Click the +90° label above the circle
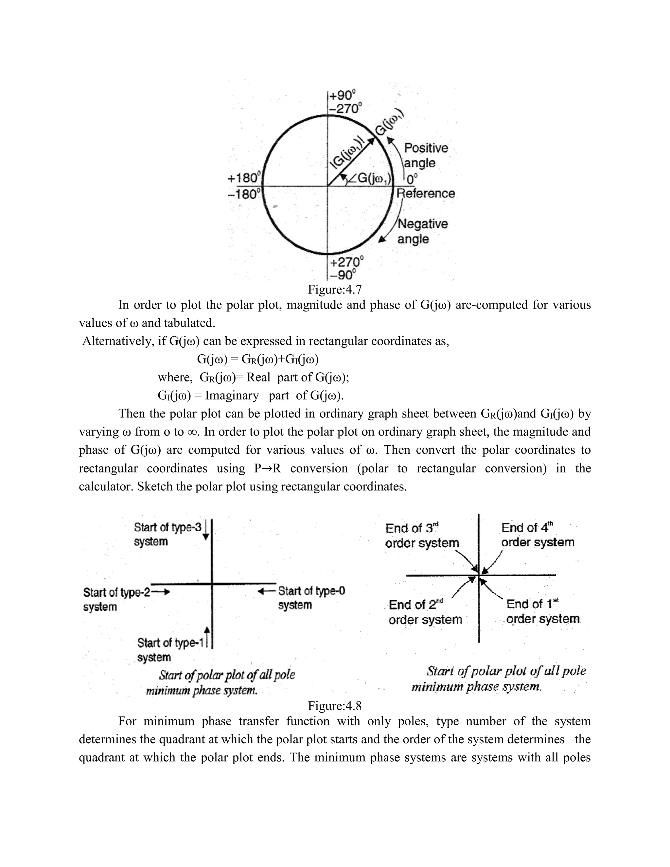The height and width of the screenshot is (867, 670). [x=342, y=95]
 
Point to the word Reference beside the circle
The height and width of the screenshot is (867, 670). [x=426, y=193]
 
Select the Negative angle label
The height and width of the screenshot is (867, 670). [x=422, y=231]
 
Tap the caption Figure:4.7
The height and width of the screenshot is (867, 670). [x=335, y=290]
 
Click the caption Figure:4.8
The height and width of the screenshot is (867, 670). [x=335, y=705]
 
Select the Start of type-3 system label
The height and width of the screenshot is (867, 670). [x=167, y=534]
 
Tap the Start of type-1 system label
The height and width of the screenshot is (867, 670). [x=170, y=649]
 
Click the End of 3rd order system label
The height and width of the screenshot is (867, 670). [x=421, y=535]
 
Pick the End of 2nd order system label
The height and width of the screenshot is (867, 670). [x=425, y=612]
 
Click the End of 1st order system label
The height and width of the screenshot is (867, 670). [x=542, y=611]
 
